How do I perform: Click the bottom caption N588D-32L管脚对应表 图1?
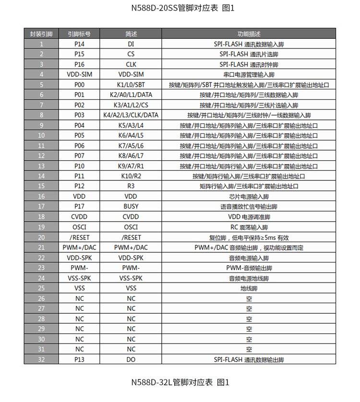(x=180, y=382)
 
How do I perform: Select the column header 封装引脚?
(x=41, y=34)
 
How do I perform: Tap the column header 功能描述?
(x=249, y=34)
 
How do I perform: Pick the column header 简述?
(x=131, y=34)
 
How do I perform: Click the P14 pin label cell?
(x=79, y=44)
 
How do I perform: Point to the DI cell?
(x=131, y=44)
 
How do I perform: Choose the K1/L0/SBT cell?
(x=131, y=84)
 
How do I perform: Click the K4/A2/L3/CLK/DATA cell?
(x=131, y=115)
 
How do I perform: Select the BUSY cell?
(x=131, y=206)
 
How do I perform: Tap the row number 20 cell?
(x=41, y=237)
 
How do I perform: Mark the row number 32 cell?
(x=41, y=359)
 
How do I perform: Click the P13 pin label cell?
(x=79, y=359)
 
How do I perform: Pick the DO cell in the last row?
(x=131, y=359)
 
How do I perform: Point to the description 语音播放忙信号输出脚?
(x=249, y=206)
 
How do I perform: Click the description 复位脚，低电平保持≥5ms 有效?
(x=249, y=237)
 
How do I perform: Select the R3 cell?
(x=131, y=186)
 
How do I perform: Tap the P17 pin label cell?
(x=79, y=206)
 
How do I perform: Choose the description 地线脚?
(x=249, y=288)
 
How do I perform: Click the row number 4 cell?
(x=41, y=74)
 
